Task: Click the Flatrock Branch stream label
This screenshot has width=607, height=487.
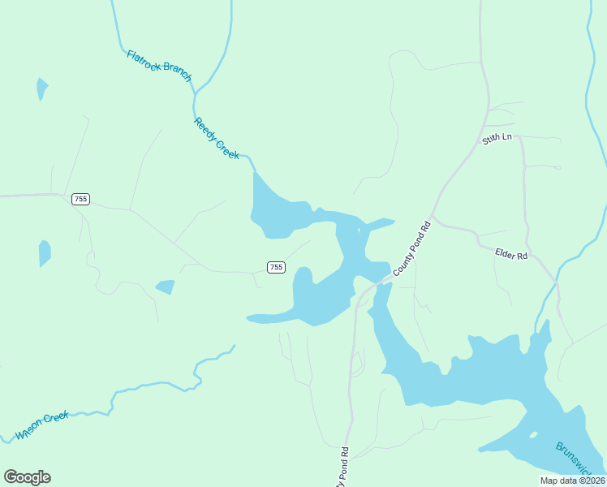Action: [159, 66]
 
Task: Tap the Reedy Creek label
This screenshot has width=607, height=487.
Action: [217, 138]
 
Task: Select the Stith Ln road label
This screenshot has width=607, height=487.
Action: [497, 138]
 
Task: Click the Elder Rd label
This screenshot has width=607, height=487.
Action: [511, 254]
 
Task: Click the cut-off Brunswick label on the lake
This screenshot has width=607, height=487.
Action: [579, 459]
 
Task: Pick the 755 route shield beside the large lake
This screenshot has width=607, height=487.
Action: [276, 267]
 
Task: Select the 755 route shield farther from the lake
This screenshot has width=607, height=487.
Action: [80, 199]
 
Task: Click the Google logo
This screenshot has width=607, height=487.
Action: [27, 477]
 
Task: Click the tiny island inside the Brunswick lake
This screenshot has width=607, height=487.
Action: [533, 434]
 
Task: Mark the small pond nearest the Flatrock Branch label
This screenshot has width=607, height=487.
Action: [41, 88]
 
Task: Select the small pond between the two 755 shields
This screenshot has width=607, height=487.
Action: [166, 287]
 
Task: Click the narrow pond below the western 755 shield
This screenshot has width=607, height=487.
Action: [45, 253]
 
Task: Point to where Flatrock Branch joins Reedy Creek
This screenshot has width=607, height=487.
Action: [195, 92]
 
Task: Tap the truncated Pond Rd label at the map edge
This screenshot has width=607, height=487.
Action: [344, 468]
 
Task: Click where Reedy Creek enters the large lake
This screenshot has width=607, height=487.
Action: [256, 171]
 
